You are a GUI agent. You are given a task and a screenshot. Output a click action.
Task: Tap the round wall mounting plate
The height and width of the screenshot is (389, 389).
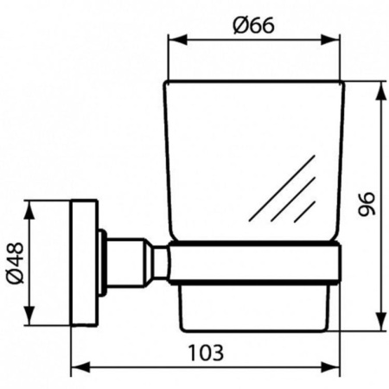click(84, 264)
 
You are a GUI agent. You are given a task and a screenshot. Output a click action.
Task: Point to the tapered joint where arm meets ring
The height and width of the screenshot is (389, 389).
click(159, 264)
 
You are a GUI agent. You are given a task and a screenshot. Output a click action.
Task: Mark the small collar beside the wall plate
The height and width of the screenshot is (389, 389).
click(102, 264)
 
